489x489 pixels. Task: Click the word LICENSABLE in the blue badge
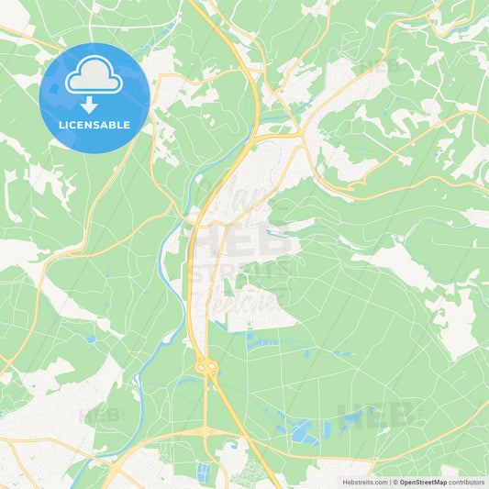tap(94, 125)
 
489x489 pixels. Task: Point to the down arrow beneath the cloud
tap(94, 104)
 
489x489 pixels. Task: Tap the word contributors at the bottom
tap(466, 481)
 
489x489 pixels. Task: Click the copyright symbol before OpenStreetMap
tap(395, 481)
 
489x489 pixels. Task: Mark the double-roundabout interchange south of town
tap(207, 368)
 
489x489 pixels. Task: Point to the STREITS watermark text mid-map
tap(240, 273)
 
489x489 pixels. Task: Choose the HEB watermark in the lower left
tap(102, 415)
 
